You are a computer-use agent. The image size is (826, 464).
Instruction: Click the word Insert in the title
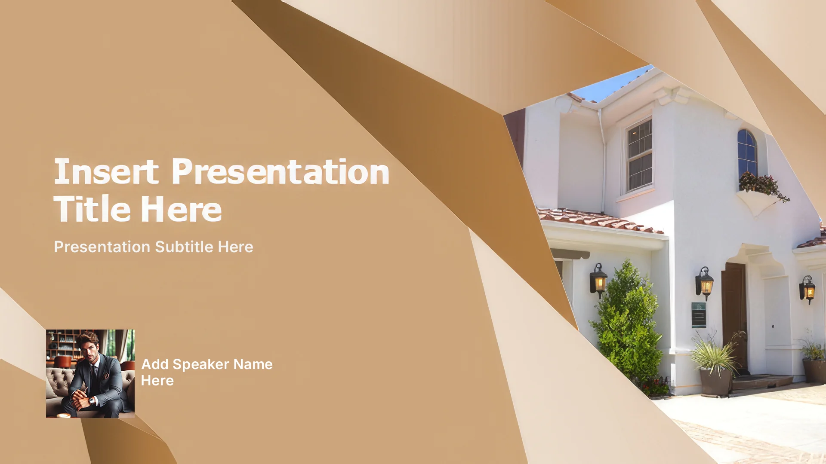click(x=106, y=171)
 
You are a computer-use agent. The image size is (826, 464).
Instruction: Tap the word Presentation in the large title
click(x=280, y=171)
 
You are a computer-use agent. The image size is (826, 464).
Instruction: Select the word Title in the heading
click(x=92, y=208)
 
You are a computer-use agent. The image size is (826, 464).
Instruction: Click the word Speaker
click(x=201, y=364)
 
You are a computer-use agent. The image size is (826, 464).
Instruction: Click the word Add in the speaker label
click(x=155, y=364)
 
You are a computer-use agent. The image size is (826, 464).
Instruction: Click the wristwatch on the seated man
click(x=92, y=400)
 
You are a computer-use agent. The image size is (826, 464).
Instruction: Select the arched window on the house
click(x=747, y=153)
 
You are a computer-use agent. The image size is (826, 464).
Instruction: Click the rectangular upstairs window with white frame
click(x=639, y=155)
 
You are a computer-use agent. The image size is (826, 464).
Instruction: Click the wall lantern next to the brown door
click(x=704, y=283)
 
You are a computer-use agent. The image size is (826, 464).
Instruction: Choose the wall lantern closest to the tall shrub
click(x=598, y=280)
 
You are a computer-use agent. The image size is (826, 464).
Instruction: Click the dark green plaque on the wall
click(x=699, y=314)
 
